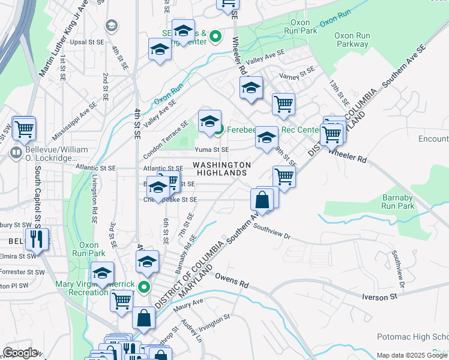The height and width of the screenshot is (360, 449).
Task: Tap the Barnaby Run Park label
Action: coord(398,202)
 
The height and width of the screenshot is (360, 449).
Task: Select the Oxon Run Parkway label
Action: coord(352,40)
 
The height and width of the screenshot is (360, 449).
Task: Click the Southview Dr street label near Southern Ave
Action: coord(271,232)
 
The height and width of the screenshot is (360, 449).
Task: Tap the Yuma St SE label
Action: coord(211,149)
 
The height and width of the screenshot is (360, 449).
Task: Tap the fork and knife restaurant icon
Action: coord(37,239)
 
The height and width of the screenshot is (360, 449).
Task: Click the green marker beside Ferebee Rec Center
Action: coord(219,129)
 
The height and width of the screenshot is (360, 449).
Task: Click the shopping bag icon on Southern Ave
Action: coord(263,200)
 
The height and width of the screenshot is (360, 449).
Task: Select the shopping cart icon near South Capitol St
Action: coord(24,128)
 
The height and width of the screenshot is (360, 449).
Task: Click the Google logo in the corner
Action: coord(20,353)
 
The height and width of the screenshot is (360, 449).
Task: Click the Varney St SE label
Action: coord(298,73)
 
